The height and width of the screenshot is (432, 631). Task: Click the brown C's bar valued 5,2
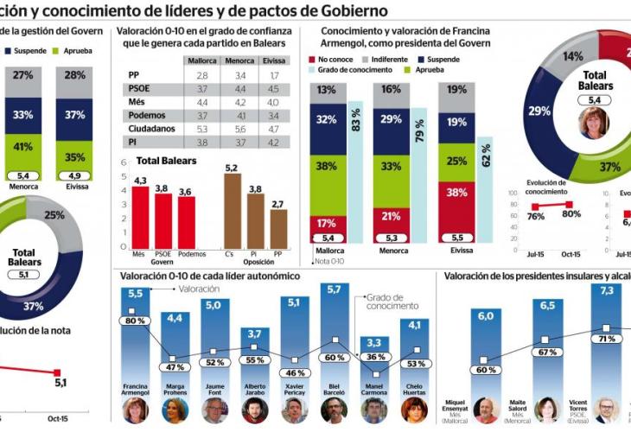(232, 212)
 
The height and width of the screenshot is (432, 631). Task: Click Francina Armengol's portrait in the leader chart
(135, 409)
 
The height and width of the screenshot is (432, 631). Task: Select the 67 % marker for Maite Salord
(546, 353)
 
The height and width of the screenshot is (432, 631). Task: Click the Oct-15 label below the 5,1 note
(60, 418)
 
